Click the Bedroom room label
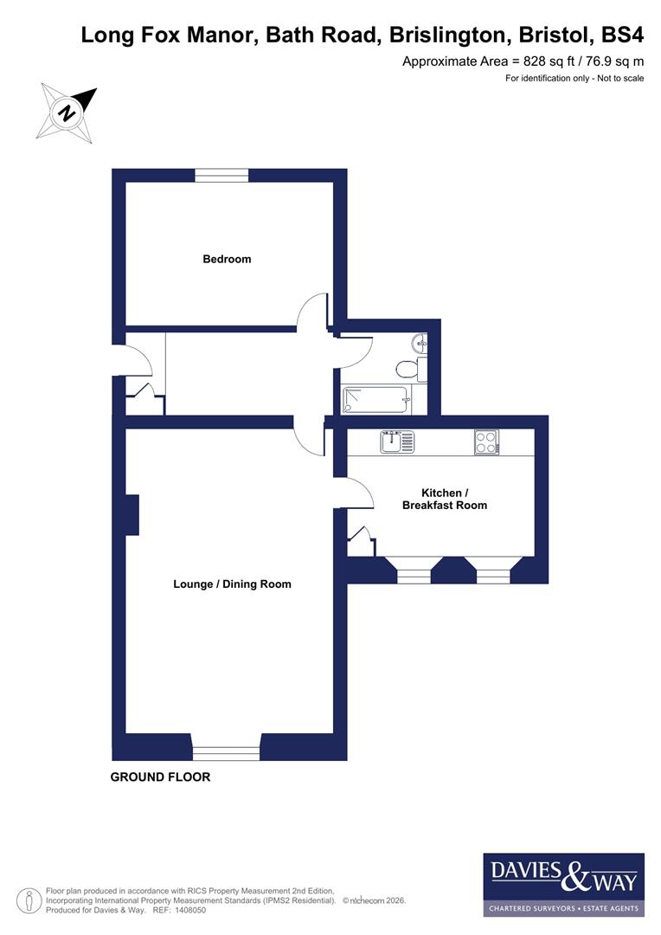point(227,259)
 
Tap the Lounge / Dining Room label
point(232,584)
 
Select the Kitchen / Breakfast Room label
point(444,499)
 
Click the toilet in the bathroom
point(408,370)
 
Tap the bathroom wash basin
point(420,343)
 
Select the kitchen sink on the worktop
point(397,442)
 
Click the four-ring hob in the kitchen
point(486,442)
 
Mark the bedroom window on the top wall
point(221,175)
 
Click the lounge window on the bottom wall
point(226,753)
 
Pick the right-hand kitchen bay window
point(493,574)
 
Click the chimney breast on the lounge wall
point(132,515)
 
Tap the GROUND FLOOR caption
point(160,777)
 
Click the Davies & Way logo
point(563,884)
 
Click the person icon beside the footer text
point(30,900)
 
